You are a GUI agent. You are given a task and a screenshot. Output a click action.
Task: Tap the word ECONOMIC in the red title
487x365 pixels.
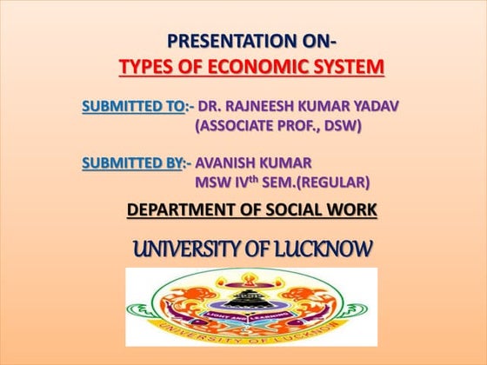pos(273,67)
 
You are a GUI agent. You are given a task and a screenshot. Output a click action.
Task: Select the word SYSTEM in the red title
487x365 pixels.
pos(351,67)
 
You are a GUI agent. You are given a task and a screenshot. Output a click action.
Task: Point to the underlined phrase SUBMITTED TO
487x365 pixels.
pos(133,106)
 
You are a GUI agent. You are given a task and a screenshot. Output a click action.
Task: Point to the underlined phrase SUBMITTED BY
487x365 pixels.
pos(133,162)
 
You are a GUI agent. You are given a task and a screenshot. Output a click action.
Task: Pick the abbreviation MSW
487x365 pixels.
pos(214,182)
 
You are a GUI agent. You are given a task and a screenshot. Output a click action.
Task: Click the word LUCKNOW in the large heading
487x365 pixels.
pos(324,249)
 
